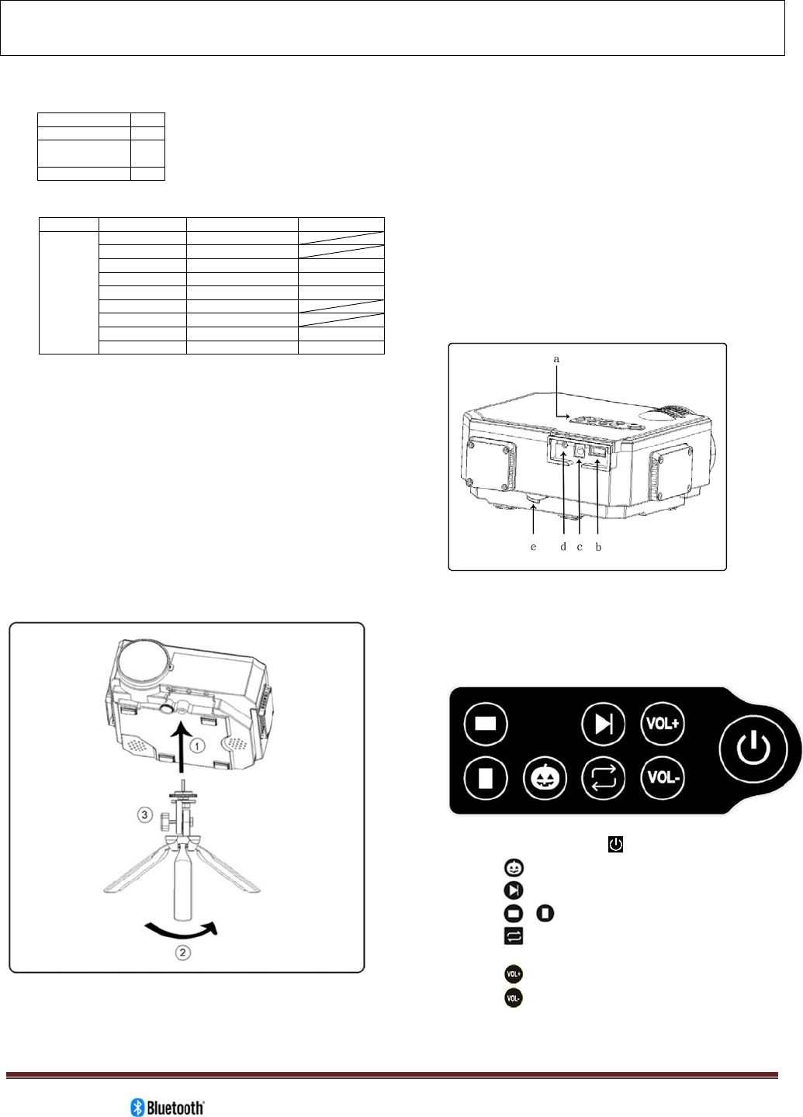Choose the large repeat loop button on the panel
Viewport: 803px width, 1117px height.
point(604,777)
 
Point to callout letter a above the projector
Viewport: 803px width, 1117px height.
point(556,359)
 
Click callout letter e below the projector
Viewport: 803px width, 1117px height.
point(533,547)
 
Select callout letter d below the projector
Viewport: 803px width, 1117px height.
point(564,547)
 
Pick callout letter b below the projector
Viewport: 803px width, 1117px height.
point(598,547)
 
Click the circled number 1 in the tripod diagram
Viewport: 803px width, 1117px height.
point(198,746)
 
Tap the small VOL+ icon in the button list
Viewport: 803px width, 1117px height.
point(513,973)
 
